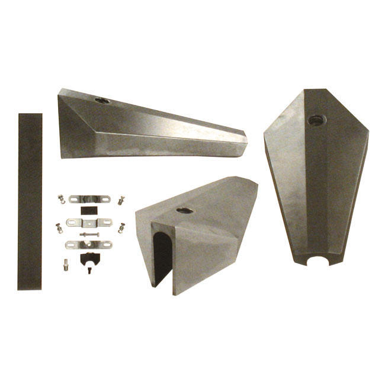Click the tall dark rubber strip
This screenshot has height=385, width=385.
click(x=30, y=201)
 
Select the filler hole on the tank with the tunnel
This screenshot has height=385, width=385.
click(x=185, y=210)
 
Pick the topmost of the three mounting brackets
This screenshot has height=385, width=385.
click(x=89, y=199)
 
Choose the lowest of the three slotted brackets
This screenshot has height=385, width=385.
click(x=89, y=244)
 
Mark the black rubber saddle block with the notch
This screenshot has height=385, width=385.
click(x=88, y=258)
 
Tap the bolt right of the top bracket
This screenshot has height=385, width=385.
click(x=121, y=200)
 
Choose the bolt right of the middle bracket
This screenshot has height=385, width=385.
click(x=121, y=227)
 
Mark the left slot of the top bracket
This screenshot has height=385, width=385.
click(x=75, y=199)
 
